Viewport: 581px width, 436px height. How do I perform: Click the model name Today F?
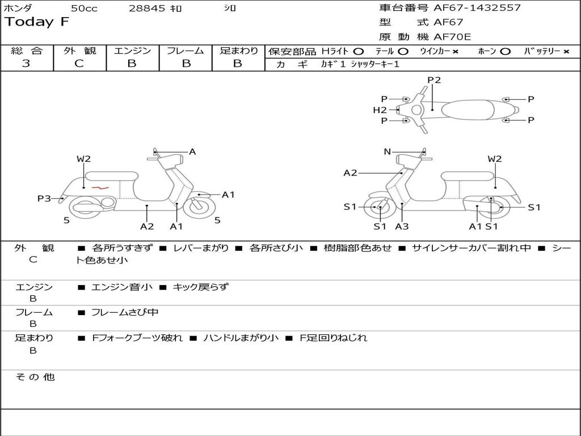tap(37, 22)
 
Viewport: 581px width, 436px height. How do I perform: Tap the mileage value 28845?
tap(147, 9)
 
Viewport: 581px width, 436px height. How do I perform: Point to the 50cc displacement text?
tap(84, 9)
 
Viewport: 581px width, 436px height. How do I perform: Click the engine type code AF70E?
tap(452, 37)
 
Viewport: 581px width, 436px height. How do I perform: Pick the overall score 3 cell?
tap(26, 64)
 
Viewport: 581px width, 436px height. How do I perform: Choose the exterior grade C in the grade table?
tap(79, 64)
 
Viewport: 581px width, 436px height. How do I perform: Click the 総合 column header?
tap(26, 51)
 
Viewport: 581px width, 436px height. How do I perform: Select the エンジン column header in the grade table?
tap(132, 51)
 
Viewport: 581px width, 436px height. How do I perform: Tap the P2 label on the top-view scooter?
tap(434, 80)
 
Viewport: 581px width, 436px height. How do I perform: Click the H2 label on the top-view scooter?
tap(380, 110)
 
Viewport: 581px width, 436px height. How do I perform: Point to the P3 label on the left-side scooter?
tap(44, 198)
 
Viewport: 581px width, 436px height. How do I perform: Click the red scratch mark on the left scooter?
tap(100, 187)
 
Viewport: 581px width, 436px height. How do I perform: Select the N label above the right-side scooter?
tap(388, 152)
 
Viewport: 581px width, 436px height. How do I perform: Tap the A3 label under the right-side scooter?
tap(402, 227)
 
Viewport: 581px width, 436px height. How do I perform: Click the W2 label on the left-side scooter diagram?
tap(83, 159)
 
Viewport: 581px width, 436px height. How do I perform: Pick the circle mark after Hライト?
tap(358, 52)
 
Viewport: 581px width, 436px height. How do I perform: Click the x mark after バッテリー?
tap(566, 52)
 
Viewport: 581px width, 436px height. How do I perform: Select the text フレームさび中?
tap(125, 312)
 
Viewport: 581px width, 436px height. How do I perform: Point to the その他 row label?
tap(35, 377)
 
